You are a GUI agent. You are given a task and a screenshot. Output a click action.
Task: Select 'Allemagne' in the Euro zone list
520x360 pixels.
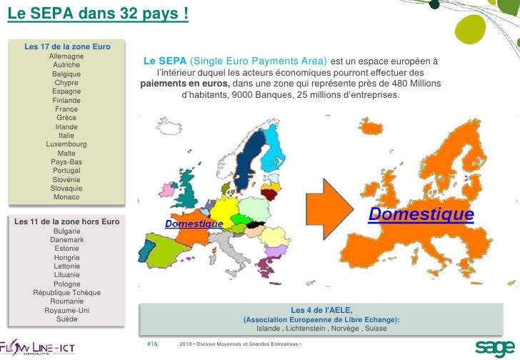[66, 56]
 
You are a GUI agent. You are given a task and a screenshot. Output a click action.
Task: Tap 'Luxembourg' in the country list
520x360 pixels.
[66, 144]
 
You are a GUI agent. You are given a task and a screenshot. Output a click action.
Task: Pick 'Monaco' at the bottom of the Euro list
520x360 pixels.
[66, 197]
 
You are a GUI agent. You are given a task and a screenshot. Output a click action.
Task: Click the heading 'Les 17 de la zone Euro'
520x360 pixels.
[67, 47]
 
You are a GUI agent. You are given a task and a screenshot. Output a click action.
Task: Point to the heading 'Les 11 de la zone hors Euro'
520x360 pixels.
[67, 221]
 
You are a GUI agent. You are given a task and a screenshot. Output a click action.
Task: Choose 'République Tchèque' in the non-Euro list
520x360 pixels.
[67, 293]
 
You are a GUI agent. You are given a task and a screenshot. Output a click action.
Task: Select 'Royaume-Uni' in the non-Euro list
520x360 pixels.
[67, 311]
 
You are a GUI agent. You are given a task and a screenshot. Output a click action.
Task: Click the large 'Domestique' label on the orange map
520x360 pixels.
[421, 214]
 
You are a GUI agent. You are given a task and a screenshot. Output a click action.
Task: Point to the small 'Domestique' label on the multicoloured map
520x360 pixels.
[194, 224]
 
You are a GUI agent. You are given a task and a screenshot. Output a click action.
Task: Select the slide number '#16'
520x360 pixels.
[151, 344]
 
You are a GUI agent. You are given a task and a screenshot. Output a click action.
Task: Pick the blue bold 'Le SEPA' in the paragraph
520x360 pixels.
[165, 61]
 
